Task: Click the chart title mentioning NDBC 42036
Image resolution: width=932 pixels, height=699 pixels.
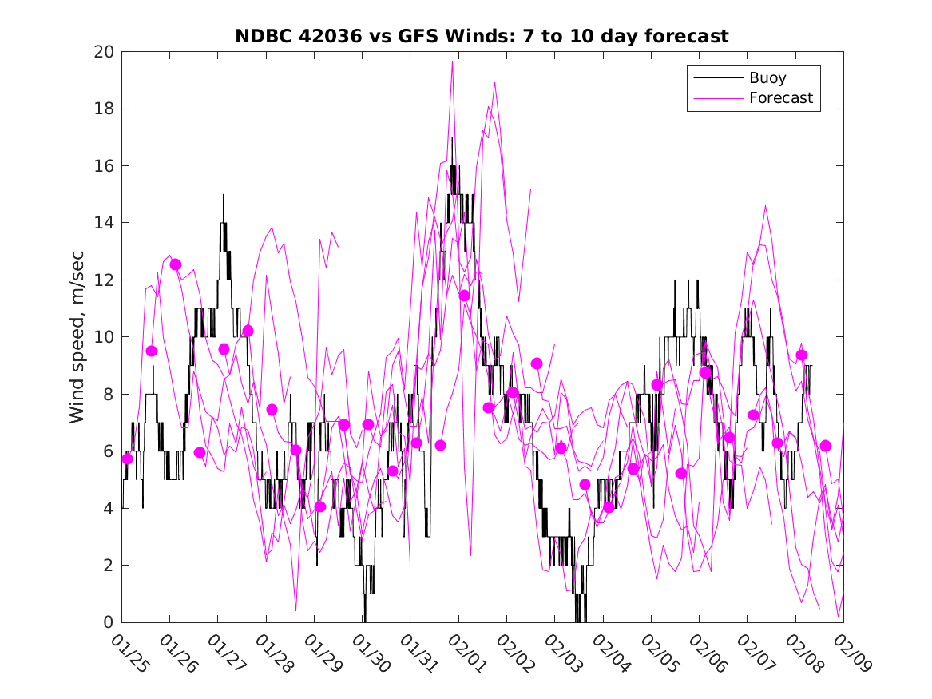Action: pyautogui.click(x=482, y=36)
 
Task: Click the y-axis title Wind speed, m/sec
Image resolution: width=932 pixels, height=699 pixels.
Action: pyautogui.click(x=77, y=336)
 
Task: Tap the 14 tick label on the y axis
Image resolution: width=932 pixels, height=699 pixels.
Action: pyautogui.click(x=105, y=223)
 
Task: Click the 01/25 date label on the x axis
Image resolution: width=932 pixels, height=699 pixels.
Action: pyautogui.click(x=130, y=653)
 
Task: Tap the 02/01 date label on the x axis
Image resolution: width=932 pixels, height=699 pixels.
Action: pyautogui.click(x=467, y=653)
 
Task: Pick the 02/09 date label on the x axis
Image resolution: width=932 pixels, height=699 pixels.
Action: pyautogui.click(x=852, y=653)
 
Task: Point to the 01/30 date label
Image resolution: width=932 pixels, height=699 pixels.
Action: pyautogui.click(x=371, y=653)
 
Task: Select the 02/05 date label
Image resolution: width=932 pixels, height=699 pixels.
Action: pyautogui.click(x=660, y=653)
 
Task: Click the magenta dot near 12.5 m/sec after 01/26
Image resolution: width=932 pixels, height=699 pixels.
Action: pyautogui.click(x=176, y=264)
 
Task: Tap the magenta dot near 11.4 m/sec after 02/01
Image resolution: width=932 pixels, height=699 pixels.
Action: pyautogui.click(x=464, y=296)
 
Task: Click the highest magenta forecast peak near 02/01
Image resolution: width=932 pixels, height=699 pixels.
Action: pyautogui.click(x=452, y=61)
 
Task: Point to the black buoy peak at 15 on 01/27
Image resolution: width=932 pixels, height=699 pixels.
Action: pyautogui.click(x=224, y=195)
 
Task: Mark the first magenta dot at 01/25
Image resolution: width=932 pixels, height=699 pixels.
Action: pyautogui.click(x=127, y=459)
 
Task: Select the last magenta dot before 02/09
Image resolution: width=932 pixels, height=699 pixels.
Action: pyautogui.click(x=826, y=446)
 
